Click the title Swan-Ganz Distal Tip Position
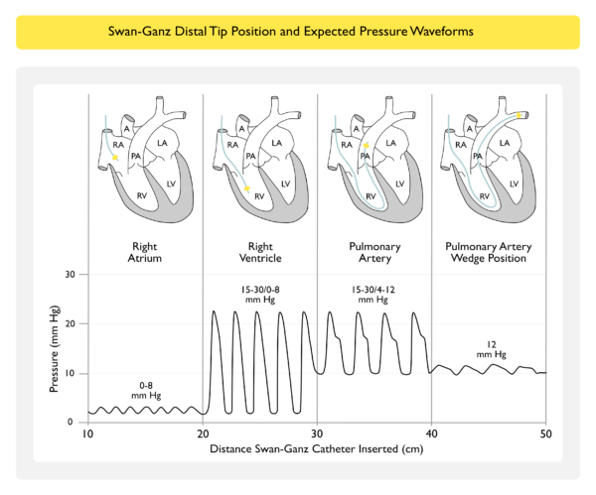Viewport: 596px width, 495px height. coord(297,31)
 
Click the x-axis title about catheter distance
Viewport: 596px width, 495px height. coord(317,448)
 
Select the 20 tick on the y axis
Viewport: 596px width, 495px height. coord(71,323)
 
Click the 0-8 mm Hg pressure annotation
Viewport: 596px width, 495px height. coord(145,387)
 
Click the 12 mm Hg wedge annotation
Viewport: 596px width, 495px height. coord(485,348)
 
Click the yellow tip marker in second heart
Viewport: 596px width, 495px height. coord(247,186)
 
